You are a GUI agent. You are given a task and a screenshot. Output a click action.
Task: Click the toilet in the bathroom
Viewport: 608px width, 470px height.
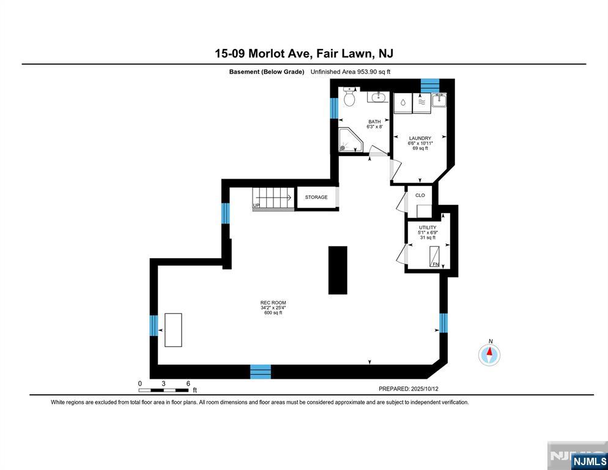coord(349,97)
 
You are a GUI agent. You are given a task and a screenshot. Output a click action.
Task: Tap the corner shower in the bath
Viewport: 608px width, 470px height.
coord(350,140)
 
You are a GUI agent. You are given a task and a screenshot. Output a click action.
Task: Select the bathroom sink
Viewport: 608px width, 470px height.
coord(377,97)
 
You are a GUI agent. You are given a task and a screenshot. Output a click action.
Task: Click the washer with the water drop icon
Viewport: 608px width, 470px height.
coord(403,103)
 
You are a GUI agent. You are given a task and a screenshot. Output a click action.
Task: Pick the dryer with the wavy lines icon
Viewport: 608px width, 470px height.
coord(421,103)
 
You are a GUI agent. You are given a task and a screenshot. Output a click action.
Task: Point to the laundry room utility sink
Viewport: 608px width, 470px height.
coord(439,100)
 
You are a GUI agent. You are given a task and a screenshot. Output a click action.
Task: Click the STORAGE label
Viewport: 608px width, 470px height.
coord(316,197)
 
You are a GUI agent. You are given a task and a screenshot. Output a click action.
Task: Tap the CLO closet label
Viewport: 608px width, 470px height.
coord(420,195)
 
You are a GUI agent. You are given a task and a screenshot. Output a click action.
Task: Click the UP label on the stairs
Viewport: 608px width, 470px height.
coord(256,205)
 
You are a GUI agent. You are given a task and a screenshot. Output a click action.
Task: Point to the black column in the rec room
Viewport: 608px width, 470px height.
coord(338,270)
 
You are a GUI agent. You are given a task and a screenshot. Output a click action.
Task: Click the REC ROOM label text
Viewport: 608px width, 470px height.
coord(273,303)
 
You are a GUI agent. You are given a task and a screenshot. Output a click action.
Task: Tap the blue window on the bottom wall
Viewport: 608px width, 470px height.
coord(260,371)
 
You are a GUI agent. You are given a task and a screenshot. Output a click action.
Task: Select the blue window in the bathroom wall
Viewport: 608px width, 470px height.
coord(334,108)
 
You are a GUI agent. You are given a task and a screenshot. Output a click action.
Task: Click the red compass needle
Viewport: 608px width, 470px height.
coord(490,352)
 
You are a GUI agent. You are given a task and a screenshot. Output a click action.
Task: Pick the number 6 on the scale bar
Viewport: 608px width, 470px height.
coord(188,384)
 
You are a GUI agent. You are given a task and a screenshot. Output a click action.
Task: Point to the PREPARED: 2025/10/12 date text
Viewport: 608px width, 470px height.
coord(409,389)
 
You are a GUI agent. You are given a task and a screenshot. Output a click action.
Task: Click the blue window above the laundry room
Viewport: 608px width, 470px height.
coord(430,85)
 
